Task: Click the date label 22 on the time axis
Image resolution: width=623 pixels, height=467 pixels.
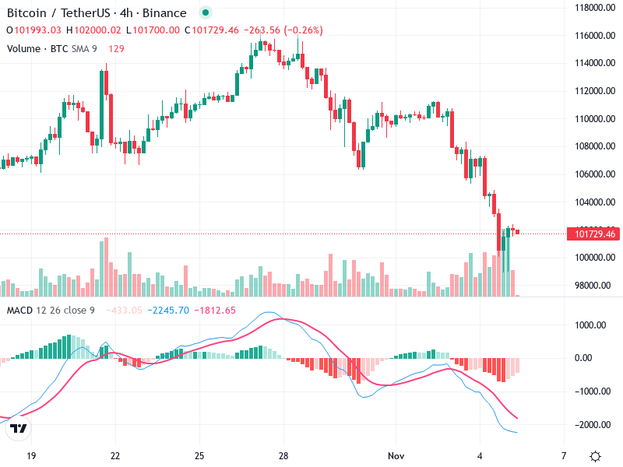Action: click(x=115, y=455)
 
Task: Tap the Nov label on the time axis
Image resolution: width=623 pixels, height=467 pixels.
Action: click(x=396, y=455)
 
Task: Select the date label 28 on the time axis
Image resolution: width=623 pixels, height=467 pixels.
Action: click(x=283, y=455)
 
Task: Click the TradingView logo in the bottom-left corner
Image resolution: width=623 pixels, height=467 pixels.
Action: click(x=19, y=428)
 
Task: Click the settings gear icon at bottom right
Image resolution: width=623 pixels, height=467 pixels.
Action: click(x=595, y=455)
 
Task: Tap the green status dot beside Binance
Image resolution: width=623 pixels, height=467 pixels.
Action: click(x=205, y=12)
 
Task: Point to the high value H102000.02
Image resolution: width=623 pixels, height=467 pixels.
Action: click(x=93, y=30)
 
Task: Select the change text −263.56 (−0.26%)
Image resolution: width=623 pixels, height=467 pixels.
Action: click(x=283, y=30)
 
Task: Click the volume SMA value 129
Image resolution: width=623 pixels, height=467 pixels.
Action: click(x=116, y=48)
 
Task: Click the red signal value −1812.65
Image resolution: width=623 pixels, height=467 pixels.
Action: click(x=216, y=311)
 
